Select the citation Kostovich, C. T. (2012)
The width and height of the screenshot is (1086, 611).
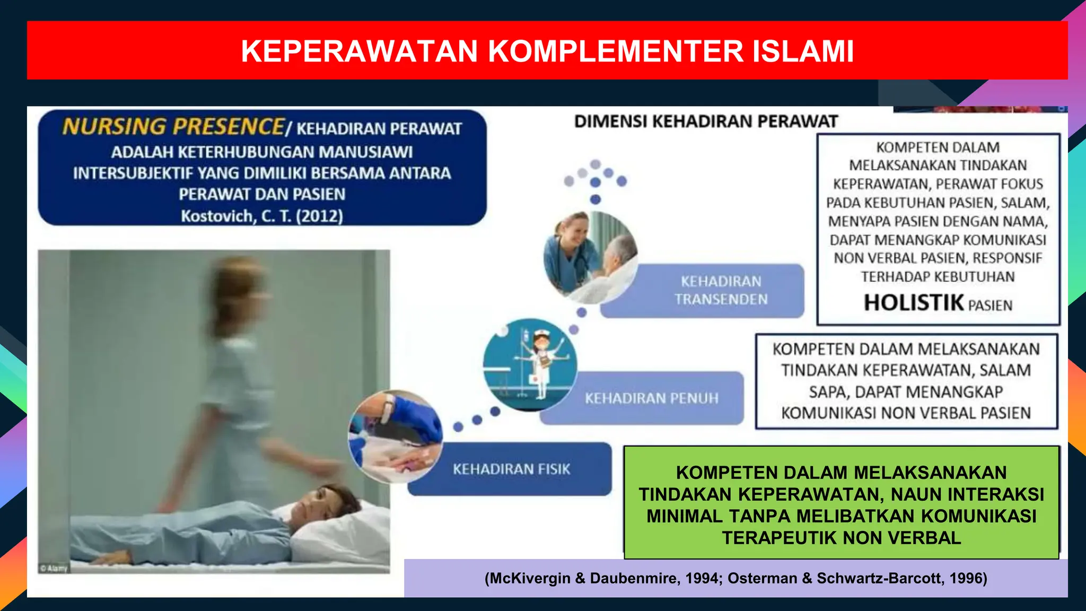(x=262, y=216)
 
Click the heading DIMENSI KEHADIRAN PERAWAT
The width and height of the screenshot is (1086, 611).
(x=706, y=121)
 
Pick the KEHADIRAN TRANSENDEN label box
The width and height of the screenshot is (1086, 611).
(x=721, y=291)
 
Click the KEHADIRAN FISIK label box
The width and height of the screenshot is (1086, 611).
(x=511, y=469)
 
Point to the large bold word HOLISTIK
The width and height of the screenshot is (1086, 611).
(x=914, y=303)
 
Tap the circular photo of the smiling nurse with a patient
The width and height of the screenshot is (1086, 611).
(x=590, y=257)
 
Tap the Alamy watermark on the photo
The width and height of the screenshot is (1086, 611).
(x=54, y=569)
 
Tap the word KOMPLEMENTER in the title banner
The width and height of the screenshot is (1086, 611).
(x=615, y=51)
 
